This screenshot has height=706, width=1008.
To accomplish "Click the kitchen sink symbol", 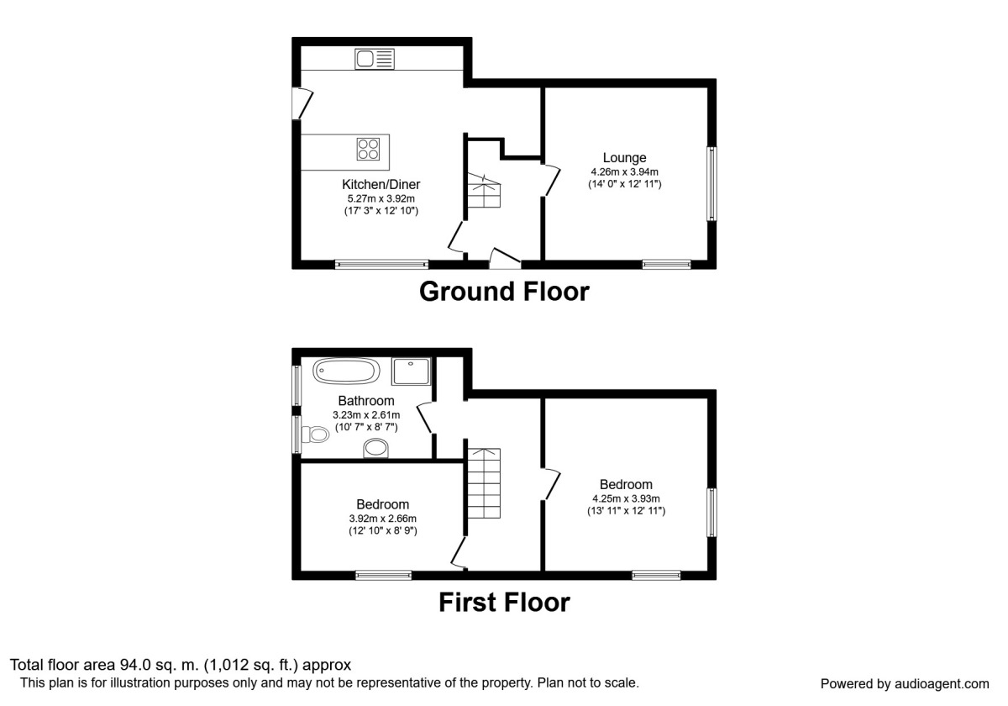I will pyautogui.click(x=375, y=59).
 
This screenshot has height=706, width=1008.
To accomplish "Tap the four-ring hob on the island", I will pyautogui.click(x=368, y=149).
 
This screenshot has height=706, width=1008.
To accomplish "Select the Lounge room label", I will pyautogui.click(x=624, y=157).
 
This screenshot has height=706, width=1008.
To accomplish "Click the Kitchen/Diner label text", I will pyautogui.click(x=381, y=185).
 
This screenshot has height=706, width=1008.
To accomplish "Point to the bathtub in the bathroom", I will pyautogui.click(x=346, y=371).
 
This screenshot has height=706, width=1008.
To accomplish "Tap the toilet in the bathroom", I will pyautogui.click(x=316, y=435).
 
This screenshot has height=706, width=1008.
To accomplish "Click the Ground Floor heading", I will pyautogui.click(x=504, y=292).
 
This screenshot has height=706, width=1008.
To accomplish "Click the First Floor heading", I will pyautogui.click(x=504, y=603).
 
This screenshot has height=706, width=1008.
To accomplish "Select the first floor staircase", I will pyautogui.click(x=484, y=484).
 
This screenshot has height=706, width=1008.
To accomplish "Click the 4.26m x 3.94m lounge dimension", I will pyautogui.click(x=624, y=171).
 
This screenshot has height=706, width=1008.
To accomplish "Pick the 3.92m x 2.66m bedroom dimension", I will pyautogui.click(x=382, y=519).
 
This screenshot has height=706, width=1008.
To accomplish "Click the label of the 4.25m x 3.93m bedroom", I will pyautogui.click(x=626, y=484).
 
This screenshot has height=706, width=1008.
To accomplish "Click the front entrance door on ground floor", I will pyautogui.click(x=504, y=257).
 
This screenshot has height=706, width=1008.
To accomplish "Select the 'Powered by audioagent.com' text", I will pyautogui.click(x=904, y=683).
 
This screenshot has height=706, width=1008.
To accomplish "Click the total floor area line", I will pyautogui.click(x=180, y=665).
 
